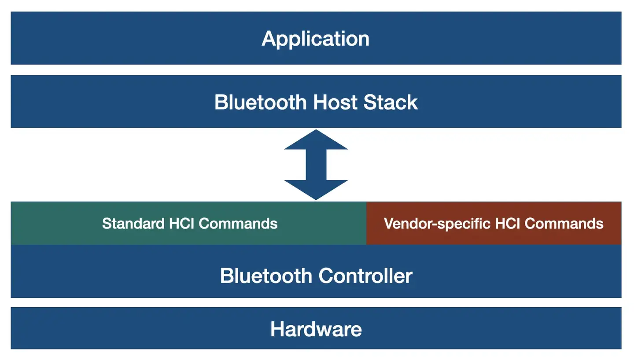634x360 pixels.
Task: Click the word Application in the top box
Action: point(315,39)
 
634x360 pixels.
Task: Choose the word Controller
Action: point(365,276)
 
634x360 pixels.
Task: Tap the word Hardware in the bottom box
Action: point(316,329)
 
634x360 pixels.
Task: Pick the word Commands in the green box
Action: point(238,224)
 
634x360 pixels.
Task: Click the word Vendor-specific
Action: point(437,224)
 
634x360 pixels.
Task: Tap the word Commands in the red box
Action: point(564,224)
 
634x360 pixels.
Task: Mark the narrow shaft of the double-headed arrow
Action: point(316,165)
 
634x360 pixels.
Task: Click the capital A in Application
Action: point(268,39)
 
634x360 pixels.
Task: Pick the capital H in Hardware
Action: point(277,329)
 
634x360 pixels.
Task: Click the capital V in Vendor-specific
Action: point(389,224)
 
